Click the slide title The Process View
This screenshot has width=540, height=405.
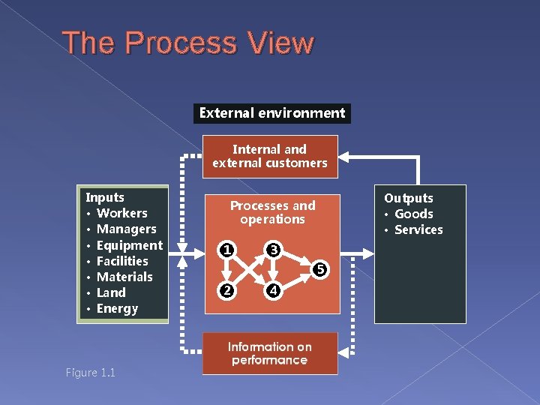tap(188, 43)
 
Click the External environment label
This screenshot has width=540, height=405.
tap(271, 113)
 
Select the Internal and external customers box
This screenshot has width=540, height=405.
tap(270, 156)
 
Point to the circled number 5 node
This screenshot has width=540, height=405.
tap(319, 268)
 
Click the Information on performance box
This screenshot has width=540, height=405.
tap(270, 353)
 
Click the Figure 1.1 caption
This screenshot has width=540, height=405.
tap(90, 373)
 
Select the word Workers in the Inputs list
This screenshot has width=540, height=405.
tap(122, 213)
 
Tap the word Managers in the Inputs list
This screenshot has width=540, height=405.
tap(127, 229)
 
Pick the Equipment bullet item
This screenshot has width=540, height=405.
tap(130, 245)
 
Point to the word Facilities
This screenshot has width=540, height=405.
tap(123, 261)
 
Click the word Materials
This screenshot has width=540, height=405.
tap(124, 277)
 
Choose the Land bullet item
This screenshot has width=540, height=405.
tap(112, 292)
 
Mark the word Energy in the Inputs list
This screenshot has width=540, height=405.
tap(118, 308)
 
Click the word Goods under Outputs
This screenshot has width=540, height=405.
tap(414, 214)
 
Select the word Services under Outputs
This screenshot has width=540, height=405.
tap(418, 229)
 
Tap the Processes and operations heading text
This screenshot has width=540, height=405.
tap(272, 212)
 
